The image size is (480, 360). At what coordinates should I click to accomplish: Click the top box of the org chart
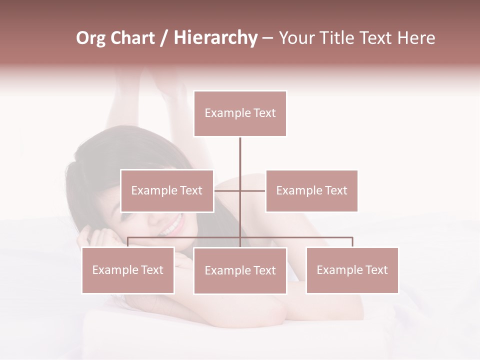pos(240,113)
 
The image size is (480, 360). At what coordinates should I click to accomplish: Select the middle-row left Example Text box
pos(167,190)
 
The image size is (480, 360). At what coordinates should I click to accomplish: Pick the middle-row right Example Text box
pos(311,190)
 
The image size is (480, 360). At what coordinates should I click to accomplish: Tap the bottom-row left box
pos(128,270)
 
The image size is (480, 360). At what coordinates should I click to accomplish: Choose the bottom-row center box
pos(240,270)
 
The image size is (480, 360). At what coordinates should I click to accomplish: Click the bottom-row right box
pos(352,270)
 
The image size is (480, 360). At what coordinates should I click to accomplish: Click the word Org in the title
pos(91,38)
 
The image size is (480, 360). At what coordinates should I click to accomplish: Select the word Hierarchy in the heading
pos(215,38)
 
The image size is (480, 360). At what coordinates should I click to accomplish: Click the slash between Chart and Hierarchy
pos(163,38)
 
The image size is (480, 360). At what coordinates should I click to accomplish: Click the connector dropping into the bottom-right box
pos(352,242)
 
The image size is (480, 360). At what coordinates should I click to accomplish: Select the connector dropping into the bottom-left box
pos(128,242)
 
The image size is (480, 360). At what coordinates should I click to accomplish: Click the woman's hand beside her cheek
pos(90,235)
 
